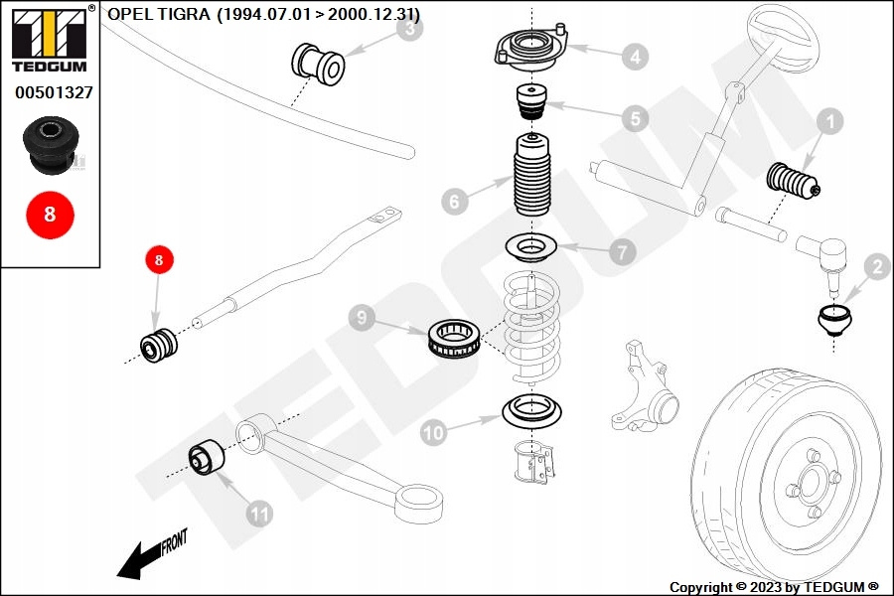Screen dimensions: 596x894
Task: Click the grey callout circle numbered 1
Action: coord(828,124)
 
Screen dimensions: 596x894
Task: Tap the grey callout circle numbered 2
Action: coord(876,266)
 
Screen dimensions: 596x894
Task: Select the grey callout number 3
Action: coord(408,30)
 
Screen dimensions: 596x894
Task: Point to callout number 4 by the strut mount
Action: coord(635,57)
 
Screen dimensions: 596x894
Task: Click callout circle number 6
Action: coord(453,202)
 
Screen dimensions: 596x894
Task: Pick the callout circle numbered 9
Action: coord(362,319)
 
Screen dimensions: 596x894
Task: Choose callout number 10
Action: coord(433,432)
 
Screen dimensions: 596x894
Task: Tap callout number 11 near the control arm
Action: coord(259,514)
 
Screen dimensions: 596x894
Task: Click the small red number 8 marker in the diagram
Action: coord(159,260)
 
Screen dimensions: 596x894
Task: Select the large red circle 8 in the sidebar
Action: coord(50,215)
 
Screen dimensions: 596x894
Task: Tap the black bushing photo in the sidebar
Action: coord(50,142)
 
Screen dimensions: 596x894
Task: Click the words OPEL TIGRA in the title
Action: coord(157,14)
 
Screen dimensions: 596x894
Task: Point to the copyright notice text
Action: coord(774,587)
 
